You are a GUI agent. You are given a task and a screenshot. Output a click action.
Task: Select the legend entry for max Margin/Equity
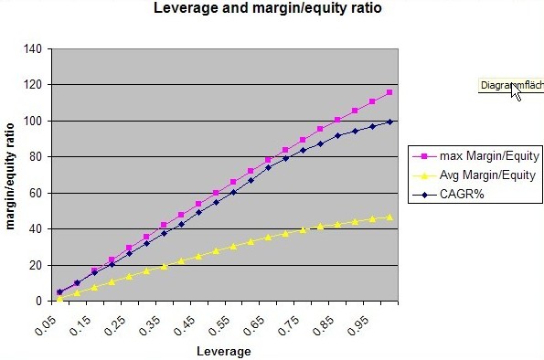[x=475, y=156]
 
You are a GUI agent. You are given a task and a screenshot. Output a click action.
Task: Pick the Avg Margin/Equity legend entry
[x=475, y=175]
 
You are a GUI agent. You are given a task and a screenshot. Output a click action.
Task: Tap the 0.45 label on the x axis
[x=187, y=322]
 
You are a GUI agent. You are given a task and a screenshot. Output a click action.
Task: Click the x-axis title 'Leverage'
[x=224, y=350]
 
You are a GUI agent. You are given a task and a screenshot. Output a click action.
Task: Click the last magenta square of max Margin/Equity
[x=389, y=92]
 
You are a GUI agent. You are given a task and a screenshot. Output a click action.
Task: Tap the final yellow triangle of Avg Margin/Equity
[x=389, y=217]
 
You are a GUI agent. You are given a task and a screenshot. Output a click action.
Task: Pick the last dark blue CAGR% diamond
[x=389, y=122]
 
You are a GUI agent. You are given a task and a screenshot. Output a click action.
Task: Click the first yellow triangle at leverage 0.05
[x=60, y=298]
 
